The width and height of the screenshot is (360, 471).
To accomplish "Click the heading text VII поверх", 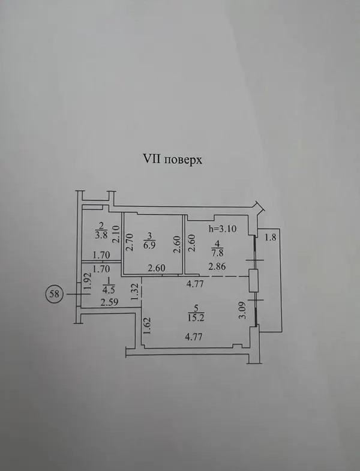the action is [x=172, y=159].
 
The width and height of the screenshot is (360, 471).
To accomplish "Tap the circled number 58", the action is [x=55, y=294].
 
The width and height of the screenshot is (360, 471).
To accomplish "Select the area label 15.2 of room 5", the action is [x=196, y=318].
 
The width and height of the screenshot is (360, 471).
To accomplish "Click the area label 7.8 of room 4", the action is [x=218, y=253].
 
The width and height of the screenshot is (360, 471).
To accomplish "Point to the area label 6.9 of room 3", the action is [x=150, y=245].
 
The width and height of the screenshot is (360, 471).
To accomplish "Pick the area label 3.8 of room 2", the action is [x=101, y=235].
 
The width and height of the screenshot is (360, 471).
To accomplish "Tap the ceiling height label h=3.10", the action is [x=223, y=229].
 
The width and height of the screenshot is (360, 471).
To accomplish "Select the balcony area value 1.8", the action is [x=270, y=238].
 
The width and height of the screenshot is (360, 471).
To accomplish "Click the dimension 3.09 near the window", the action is [x=243, y=310].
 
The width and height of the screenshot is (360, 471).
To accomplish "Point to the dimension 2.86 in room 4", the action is [x=217, y=266].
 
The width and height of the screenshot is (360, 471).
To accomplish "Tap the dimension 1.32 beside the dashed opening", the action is [x=136, y=292].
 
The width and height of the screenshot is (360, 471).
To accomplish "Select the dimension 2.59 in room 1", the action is [x=109, y=302].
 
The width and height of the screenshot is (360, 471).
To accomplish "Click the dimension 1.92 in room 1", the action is [x=88, y=281].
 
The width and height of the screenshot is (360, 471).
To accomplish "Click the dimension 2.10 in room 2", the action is [x=117, y=234].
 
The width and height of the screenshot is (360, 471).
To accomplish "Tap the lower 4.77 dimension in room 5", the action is [x=194, y=337].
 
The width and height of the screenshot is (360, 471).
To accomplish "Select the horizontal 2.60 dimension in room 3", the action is [x=157, y=268].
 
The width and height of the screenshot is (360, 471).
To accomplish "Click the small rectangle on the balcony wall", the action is [x=254, y=280].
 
